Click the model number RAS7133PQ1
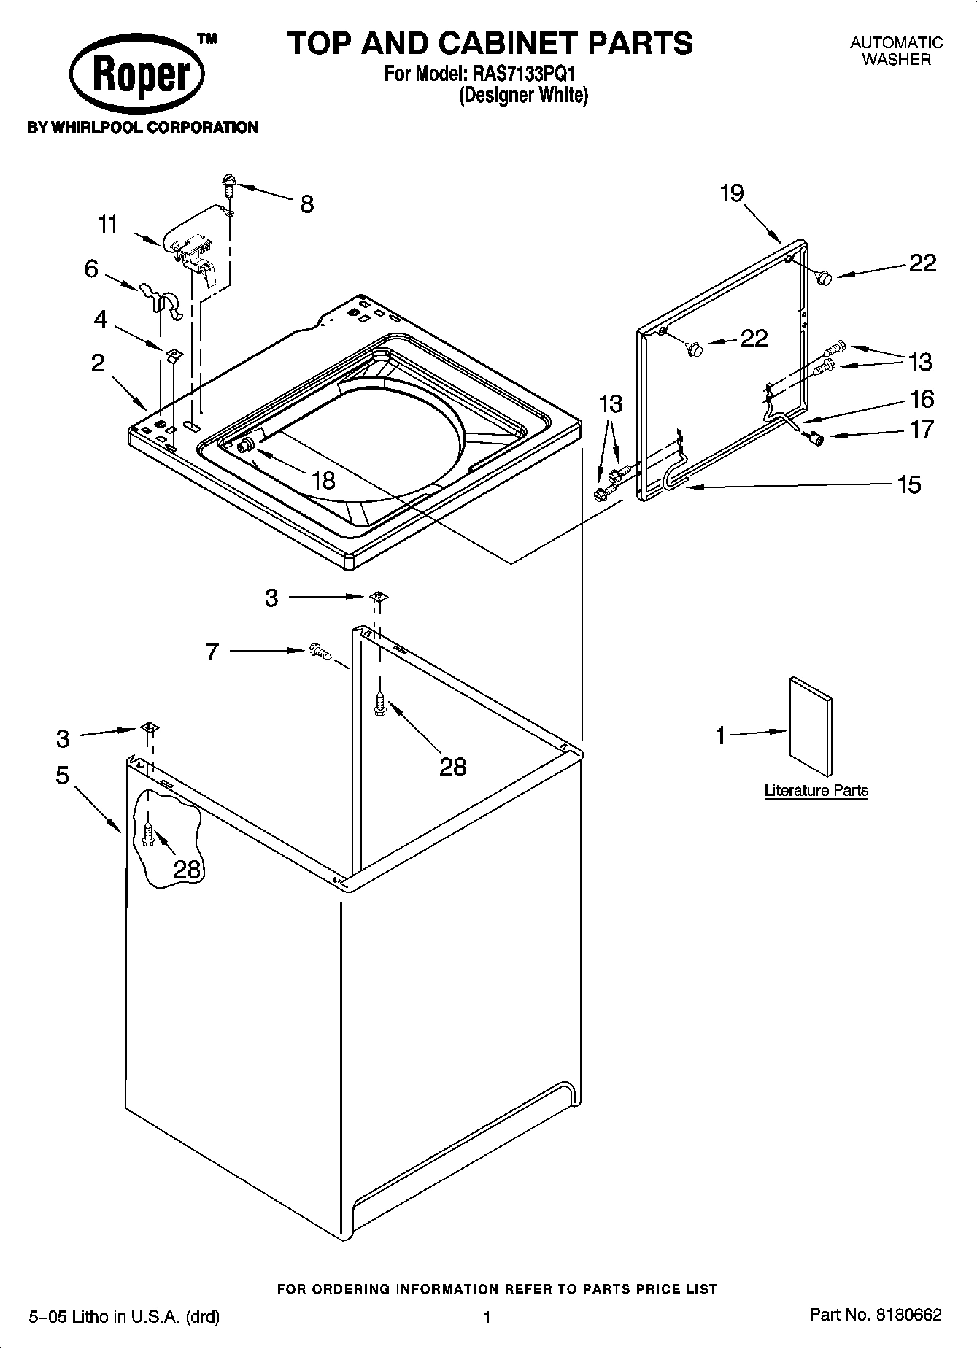[526, 74]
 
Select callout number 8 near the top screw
[307, 204]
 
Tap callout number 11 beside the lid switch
[108, 224]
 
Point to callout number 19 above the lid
[731, 193]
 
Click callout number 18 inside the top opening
[323, 480]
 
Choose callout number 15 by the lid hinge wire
[909, 484]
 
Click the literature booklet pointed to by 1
[810, 726]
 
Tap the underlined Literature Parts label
[816, 790]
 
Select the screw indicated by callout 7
[319, 651]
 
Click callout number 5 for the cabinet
[63, 775]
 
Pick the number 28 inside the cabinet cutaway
[188, 869]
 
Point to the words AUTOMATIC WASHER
[896, 51]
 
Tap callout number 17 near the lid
[922, 429]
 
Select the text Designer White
[522, 95]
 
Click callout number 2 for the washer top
[98, 363]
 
